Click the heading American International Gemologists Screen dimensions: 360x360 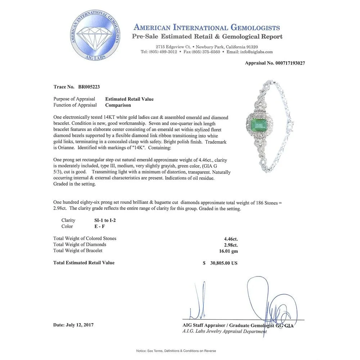[207, 27]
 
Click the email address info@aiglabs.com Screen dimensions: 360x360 [257, 52]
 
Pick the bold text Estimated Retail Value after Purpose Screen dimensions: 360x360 [129, 99]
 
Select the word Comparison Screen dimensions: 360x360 [118, 105]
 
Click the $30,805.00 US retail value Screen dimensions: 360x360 [220, 263]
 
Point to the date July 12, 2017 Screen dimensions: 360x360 [73, 325]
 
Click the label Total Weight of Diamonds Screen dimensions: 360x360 [80, 244]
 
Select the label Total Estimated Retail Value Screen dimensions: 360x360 [84, 263]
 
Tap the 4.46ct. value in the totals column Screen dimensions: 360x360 [231, 238]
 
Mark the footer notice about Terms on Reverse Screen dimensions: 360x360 [176, 351]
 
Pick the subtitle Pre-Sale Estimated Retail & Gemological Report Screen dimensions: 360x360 [207, 36]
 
